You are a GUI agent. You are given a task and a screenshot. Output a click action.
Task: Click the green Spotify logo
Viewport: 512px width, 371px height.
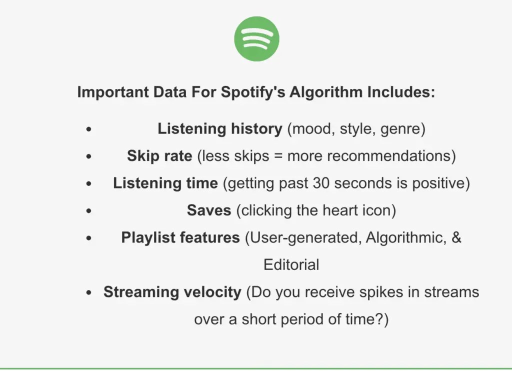(x=256, y=39)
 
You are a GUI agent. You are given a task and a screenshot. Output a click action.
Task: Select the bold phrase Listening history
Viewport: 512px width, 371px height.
(x=220, y=129)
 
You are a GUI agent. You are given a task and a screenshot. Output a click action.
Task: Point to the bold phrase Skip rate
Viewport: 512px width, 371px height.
(x=159, y=156)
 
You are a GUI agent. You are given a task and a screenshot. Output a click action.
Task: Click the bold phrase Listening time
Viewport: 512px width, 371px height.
(x=165, y=183)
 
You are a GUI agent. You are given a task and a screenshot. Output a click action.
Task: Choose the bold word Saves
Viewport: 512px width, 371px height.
(x=209, y=210)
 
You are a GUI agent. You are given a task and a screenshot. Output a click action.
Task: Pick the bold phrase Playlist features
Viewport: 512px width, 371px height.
(x=180, y=237)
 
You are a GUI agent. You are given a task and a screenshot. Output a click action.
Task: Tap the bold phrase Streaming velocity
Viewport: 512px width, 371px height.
(x=172, y=292)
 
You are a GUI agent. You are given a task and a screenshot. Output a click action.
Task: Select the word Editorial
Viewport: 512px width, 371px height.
(x=291, y=264)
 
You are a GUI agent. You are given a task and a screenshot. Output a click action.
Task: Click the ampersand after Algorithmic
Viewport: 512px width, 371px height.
(x=456, y=237)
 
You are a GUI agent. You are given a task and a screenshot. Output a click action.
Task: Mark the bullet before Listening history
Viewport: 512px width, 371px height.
(x=89, y=129)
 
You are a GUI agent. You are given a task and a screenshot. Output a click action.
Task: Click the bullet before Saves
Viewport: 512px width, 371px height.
(x=89, y=211)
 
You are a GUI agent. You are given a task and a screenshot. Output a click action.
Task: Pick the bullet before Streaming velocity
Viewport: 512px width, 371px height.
(x=89, y=292)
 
